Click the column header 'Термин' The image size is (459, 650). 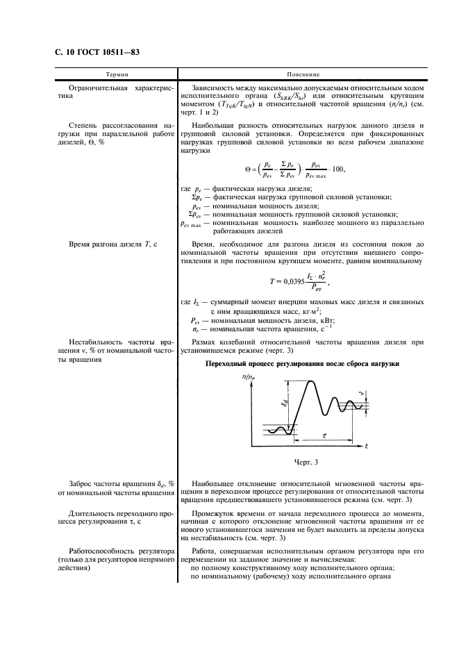click(x=116, y=73)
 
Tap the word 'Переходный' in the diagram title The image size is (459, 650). click(x=226, y=363)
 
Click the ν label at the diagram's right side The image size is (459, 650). click(x=361, y=394)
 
